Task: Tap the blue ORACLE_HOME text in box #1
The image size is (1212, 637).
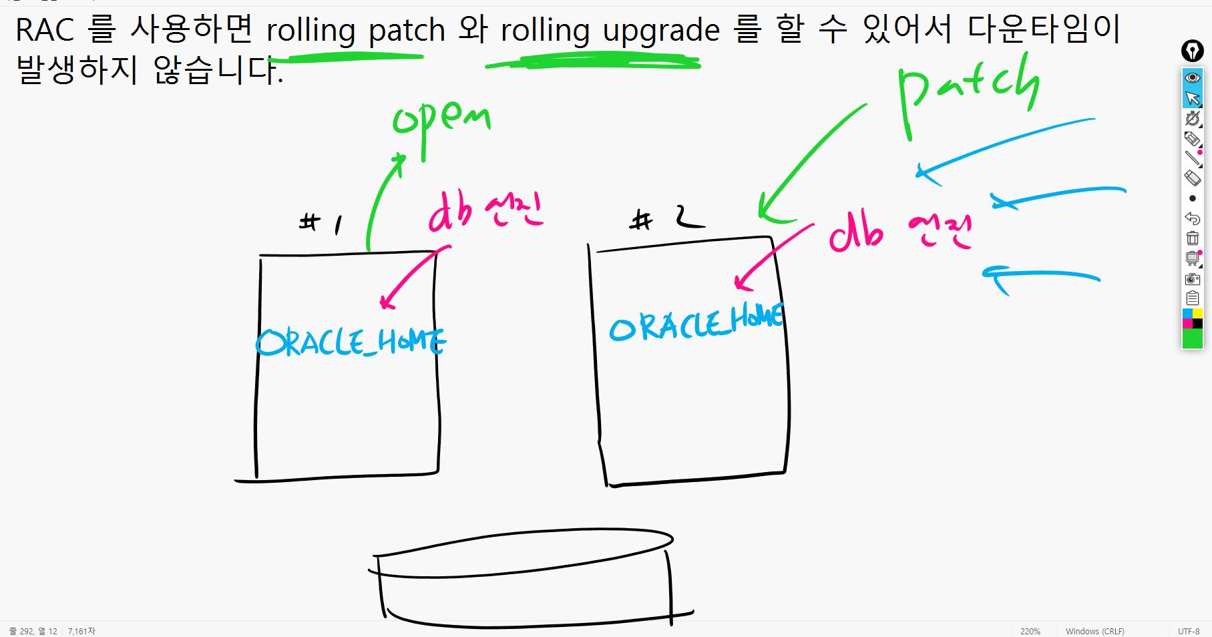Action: [351, 342]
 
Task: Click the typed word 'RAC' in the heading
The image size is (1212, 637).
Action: [45, 31]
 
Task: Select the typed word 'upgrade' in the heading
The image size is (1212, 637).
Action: [661, 31]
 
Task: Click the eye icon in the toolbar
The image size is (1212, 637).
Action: [1193, 78]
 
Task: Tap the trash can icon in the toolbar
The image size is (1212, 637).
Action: [1193, 238]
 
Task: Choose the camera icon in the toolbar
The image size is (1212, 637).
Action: [1193, 279]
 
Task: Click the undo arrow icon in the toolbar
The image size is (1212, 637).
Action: [1193, 218]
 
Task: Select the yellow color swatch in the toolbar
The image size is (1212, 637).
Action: [1198, 314]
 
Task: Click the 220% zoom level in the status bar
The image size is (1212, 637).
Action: [1030, 631]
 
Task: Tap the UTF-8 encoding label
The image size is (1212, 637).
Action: [1189, 631]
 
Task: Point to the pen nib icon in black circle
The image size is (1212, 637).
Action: [1193, 51]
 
